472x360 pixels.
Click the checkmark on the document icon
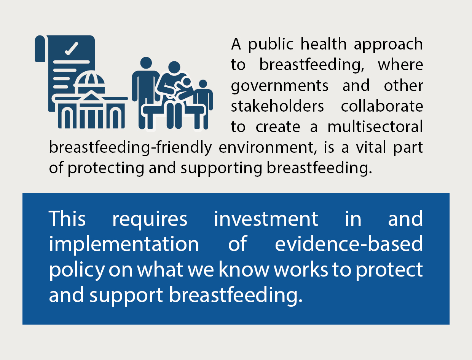click(x=72, y=49)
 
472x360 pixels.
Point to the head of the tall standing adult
click(x=146, y=63)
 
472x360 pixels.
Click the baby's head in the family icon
click(x=186, y=82)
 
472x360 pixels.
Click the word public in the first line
click(x=271, y=45)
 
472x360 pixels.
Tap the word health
click(x=324, y=44)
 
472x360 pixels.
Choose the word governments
click(x=279, y=86)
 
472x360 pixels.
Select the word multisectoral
click(x=375, y=126)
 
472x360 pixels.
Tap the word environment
click(x=268, y=147)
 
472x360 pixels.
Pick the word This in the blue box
click(x=67, y=219)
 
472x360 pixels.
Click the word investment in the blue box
click(x=266, y=219)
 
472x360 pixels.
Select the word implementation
click(x=124, y=245)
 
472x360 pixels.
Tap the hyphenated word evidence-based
click(x=349, y=243)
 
